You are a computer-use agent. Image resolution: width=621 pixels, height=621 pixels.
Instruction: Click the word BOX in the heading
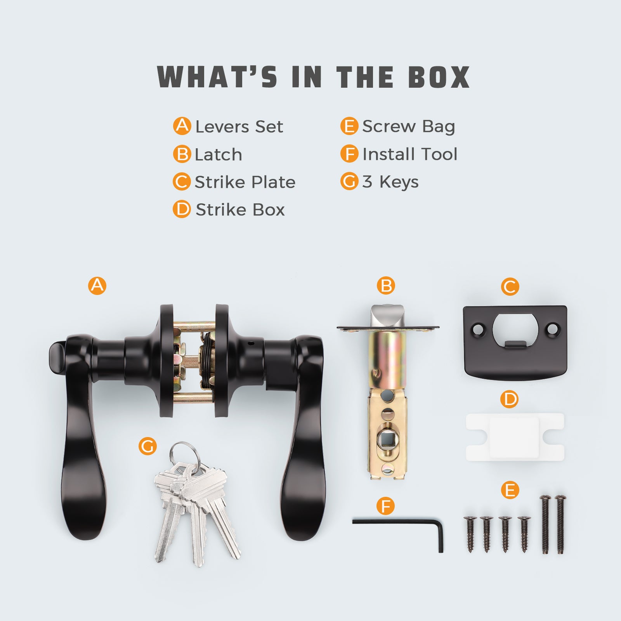click(439, 77)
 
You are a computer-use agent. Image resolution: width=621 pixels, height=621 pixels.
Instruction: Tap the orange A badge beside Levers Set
click(182, 126)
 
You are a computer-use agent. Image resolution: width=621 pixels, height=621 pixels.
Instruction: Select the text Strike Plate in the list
click(245, 182)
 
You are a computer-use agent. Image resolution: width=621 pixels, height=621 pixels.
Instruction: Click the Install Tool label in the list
click(410, 154)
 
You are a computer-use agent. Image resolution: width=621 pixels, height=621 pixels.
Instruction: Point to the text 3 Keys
click(390, 182)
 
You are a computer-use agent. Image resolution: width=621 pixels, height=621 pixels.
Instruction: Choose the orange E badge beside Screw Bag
click(349, 126)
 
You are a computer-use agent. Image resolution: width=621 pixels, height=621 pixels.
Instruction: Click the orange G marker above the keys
click(147, 446)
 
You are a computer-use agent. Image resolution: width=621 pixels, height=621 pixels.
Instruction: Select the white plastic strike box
click(515, 437)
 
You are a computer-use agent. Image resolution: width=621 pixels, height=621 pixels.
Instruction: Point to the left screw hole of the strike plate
click(478, 330)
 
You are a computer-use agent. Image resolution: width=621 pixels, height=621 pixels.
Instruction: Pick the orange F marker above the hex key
click(386, 506)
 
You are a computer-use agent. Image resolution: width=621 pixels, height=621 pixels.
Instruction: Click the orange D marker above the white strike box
click(510, 399)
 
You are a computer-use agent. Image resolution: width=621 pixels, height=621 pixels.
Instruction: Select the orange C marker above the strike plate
click(510, 287)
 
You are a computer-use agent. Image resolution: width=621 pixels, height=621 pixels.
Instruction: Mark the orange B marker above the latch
click(386, 286)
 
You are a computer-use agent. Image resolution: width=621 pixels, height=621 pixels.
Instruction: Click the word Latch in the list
click(219, 154)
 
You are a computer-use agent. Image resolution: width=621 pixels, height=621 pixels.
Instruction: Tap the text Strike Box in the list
click(240, 210)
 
